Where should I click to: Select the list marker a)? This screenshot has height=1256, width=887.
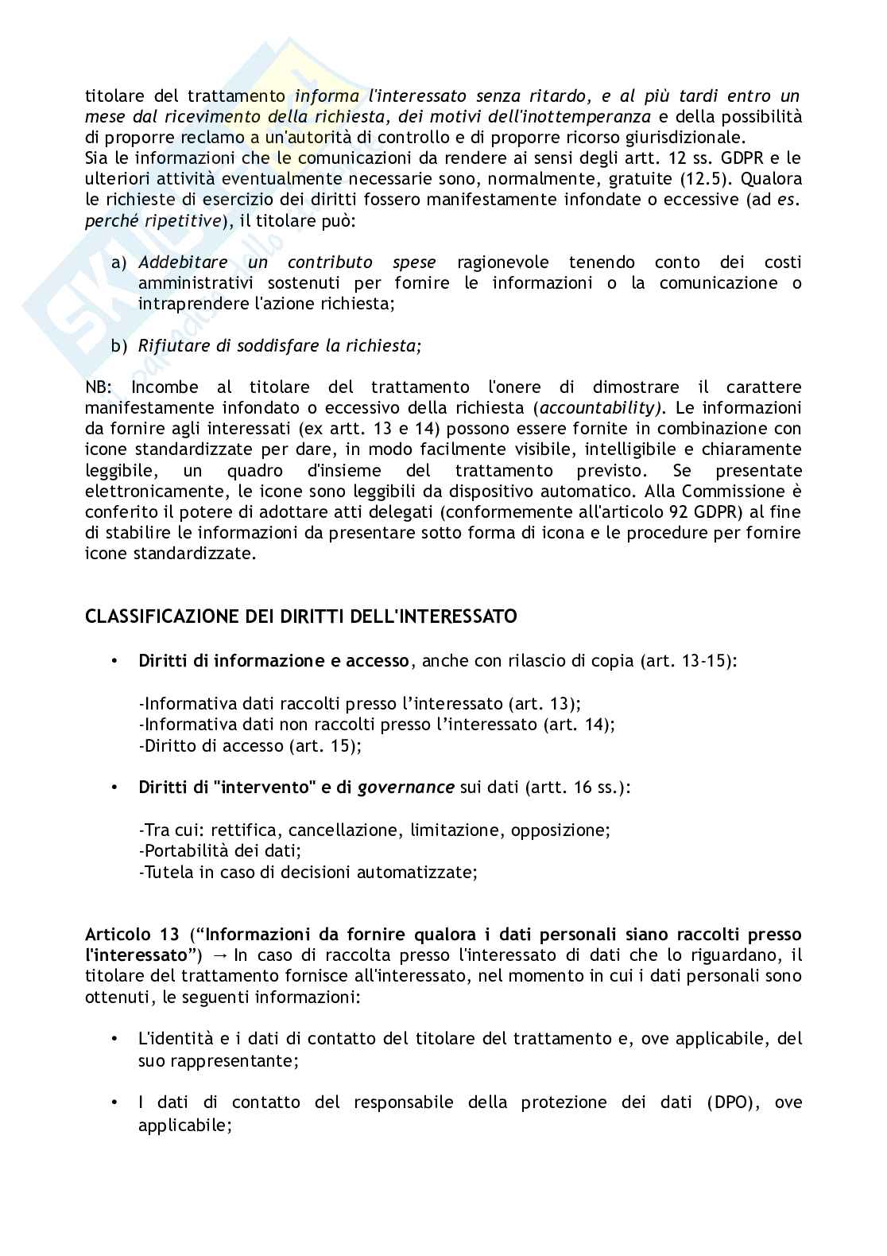[x=119, y=262]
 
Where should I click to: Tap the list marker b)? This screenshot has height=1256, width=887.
[x=119, y=345]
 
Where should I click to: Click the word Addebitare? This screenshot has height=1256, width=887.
[x=183, y=262]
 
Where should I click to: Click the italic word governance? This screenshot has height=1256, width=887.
[x=406, y=787]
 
